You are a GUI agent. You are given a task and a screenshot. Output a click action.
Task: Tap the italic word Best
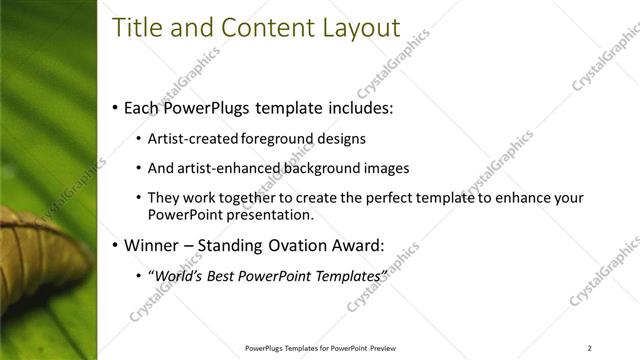click(220, 275)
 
